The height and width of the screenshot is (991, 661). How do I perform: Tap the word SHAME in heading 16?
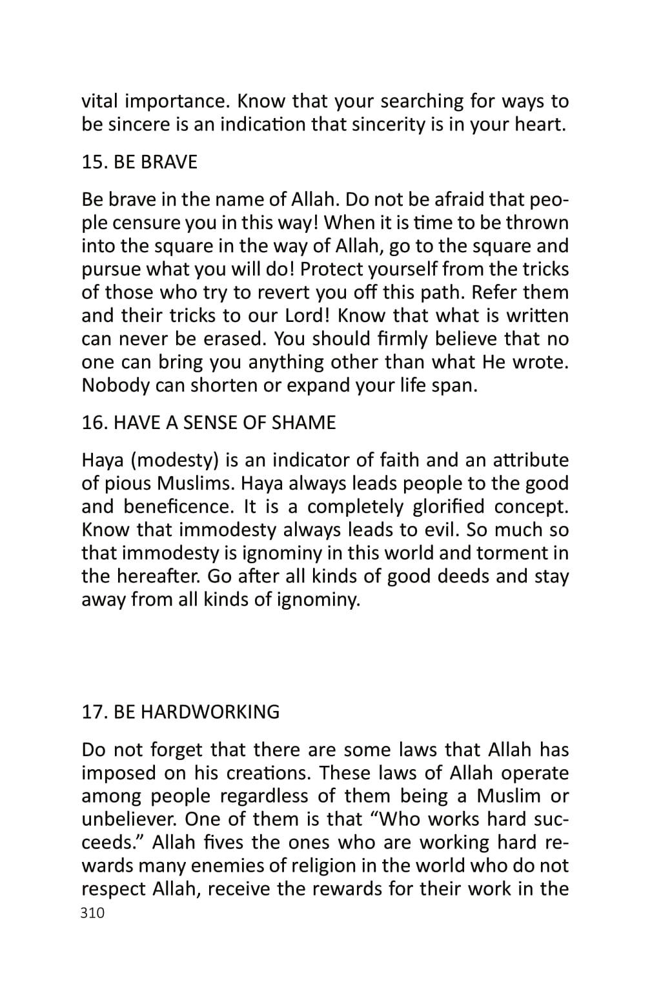pos(303,423)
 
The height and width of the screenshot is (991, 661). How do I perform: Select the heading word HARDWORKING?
pos(210,712)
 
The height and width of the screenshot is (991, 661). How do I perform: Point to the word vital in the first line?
pos(100,101)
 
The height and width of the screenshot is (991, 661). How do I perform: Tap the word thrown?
pos(537,223)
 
